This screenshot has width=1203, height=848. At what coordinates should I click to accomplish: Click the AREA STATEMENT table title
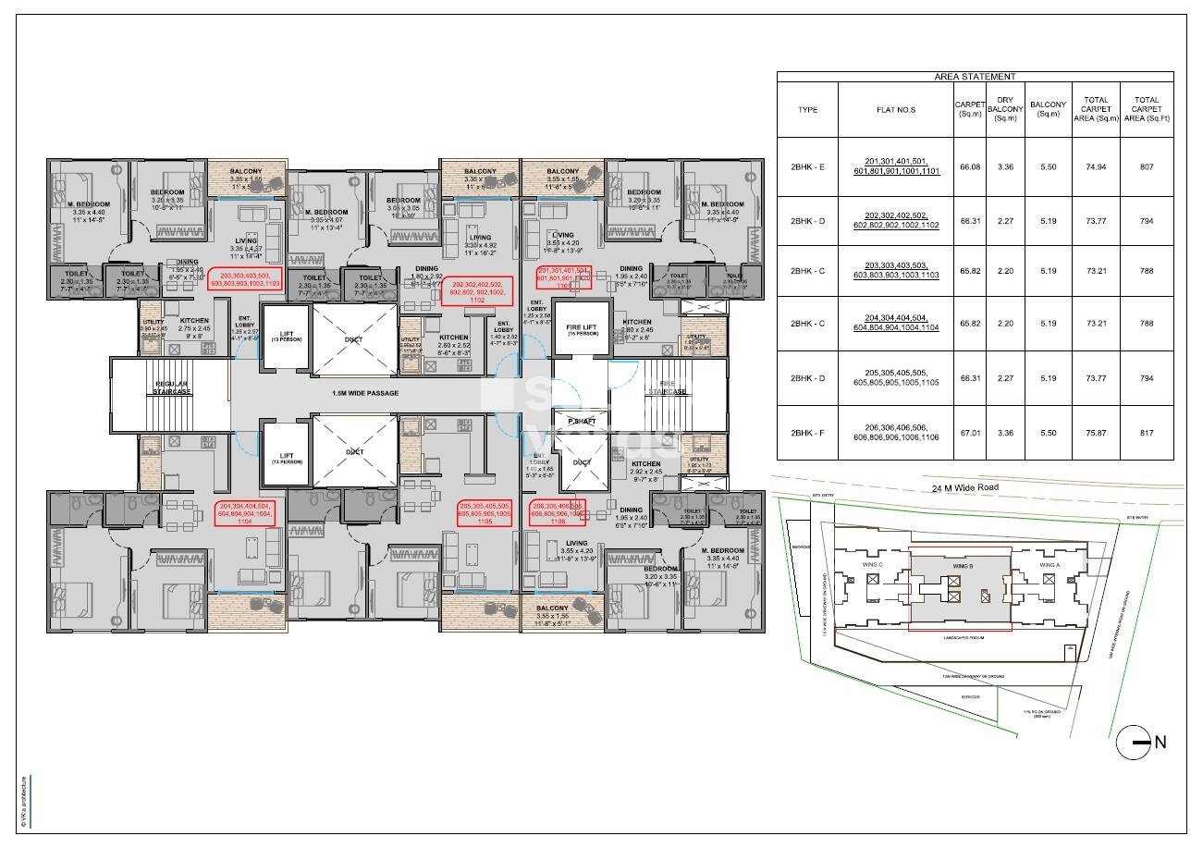click(975, 77)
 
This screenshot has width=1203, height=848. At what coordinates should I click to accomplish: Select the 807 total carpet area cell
click(1147, 167)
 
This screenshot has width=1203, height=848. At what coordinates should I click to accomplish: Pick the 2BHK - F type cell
click(807, 432)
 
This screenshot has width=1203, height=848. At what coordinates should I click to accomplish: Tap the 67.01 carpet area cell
click(970, 432)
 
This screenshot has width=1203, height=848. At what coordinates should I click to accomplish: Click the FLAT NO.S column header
click(894, 109)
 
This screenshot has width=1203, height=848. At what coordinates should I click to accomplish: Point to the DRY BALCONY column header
click(1003, 109)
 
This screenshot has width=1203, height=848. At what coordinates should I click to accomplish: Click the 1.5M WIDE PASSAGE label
click(365, 393)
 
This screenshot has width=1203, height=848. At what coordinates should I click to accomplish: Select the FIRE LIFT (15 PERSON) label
click(581, 328)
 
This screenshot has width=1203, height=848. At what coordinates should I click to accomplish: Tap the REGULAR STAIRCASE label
click(172, 388)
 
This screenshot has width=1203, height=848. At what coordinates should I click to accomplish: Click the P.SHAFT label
click(582, 421)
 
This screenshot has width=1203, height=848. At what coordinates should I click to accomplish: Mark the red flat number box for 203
click(244, 280)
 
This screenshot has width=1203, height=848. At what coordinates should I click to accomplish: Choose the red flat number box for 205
click(485, 513)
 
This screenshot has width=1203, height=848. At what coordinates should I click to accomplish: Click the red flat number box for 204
click(244, 513)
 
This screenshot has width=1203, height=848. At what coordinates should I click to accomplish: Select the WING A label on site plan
click(1049, 565)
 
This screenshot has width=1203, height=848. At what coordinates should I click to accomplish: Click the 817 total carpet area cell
click(1147, 432)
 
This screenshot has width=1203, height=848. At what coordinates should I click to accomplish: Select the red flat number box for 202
click(478, 290)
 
